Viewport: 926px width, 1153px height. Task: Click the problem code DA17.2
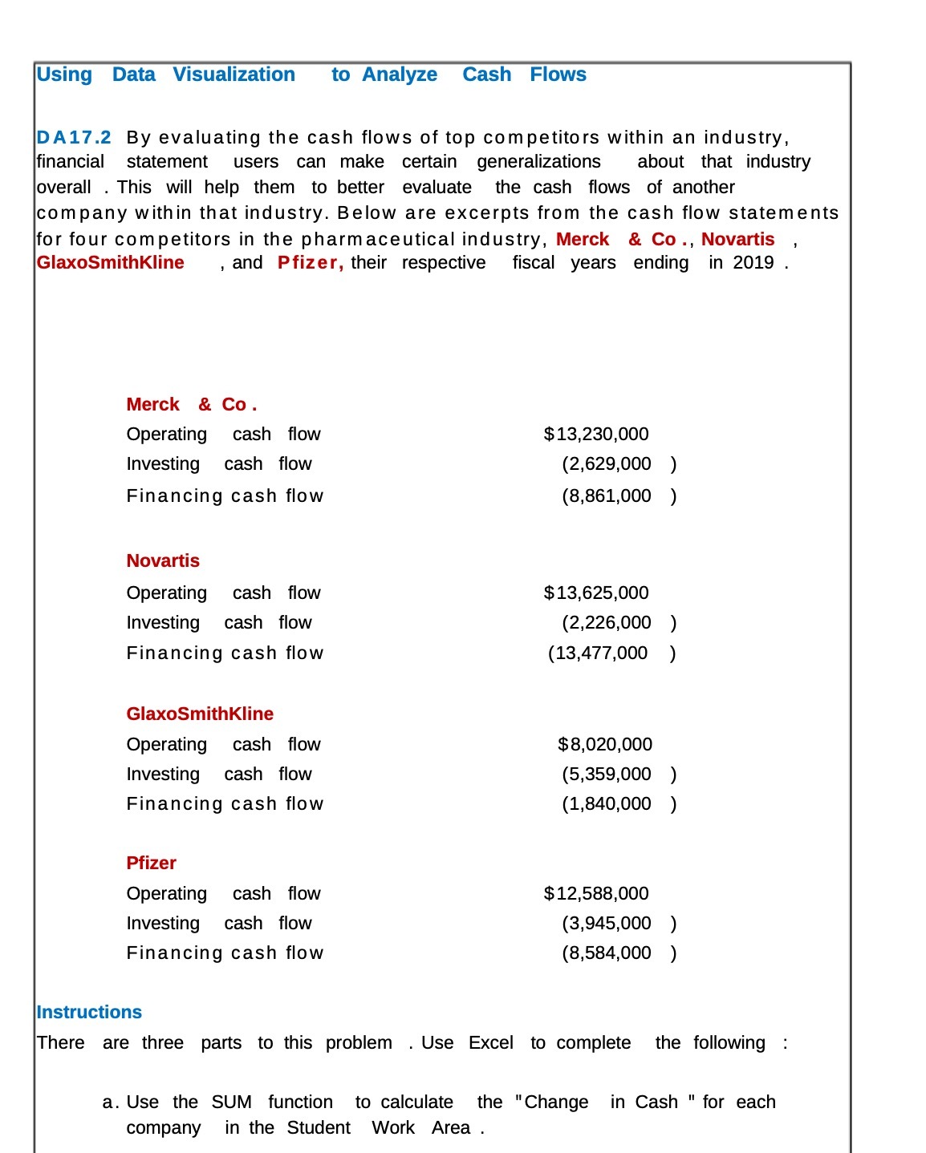coord(74,138)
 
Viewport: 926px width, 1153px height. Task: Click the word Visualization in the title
coord(234,75)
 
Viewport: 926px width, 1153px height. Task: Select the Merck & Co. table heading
coord(191,405)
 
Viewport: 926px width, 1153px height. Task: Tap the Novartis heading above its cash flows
coord(163,561)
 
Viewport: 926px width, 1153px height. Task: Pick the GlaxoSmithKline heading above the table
coord(200,714)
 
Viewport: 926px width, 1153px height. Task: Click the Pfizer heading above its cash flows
coord(151,864)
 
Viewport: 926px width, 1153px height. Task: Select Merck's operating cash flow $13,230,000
coord(596,435)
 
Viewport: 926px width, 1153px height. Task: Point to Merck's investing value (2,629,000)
coord(618,464)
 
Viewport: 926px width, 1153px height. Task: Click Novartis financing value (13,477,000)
coord(611,653)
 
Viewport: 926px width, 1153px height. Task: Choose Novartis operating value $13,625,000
coord(596,593)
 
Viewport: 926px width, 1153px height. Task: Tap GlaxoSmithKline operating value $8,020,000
coord(604,745)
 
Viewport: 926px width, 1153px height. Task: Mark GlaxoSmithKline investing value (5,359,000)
coord(618,775)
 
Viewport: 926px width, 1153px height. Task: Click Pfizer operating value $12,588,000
coord(596,894)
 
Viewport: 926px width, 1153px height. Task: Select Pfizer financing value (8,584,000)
coord(618,953)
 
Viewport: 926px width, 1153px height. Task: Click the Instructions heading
coord(89,1013)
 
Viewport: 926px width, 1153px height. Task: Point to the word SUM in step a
coord(231,1102)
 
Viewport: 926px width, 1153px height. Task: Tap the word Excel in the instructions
coord(490,1043)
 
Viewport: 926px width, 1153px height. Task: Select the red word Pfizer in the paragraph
coord(309,263)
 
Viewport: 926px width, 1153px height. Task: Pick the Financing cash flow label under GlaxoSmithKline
coord(225,804)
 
